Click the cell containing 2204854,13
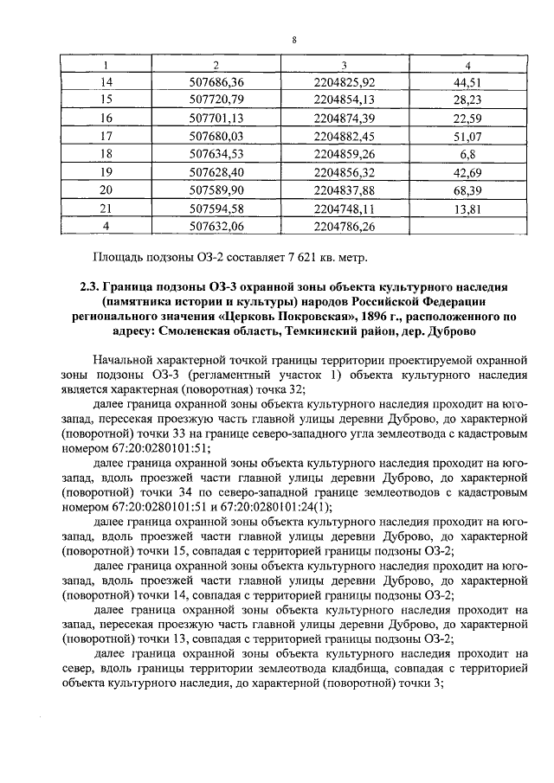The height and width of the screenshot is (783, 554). tap(345, 99)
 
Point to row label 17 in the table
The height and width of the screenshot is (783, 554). tap(107, 135)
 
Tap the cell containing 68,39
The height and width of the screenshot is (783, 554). tap(467, 189)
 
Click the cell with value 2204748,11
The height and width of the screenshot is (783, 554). tap(345, 208)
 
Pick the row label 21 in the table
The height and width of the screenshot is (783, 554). tap(107, 208)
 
